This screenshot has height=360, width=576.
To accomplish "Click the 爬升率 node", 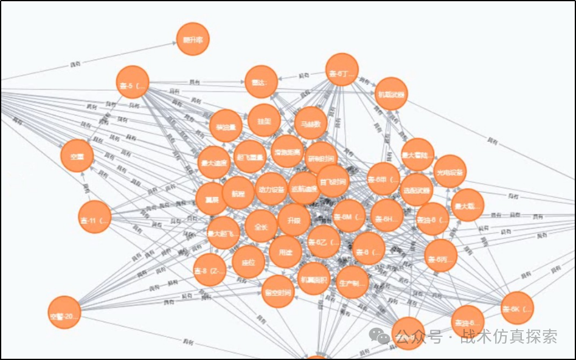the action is [x=193, y=40].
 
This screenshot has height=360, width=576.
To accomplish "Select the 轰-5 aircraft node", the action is [x=133, y=82].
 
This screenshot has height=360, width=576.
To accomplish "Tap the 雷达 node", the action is [x=261, y=81].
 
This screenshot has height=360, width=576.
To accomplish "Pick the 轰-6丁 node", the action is [x=342, y=70].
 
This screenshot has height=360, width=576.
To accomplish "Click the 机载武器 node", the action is [x=390, y=94].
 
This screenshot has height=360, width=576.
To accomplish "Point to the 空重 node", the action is [x=77, y=156].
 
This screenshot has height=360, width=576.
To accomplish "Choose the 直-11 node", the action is [x=95, y=216].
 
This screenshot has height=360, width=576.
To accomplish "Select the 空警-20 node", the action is [x=64, y=313].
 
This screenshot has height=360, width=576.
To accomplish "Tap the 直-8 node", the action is [x=210, y=270].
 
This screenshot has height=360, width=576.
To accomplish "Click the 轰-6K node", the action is [x=518, y=308].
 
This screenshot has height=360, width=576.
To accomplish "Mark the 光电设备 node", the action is [x=450, y=171].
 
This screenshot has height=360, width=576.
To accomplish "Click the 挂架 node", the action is [x=264, y=120].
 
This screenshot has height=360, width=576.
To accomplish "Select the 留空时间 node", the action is [x=278, y=291].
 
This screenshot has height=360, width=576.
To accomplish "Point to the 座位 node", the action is [x=248, y=262].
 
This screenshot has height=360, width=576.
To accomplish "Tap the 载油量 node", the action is [x=226, y=126].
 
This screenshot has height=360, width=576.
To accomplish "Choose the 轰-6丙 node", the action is [x=440, y=256].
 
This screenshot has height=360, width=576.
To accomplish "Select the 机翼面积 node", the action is [x=314, y=279].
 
